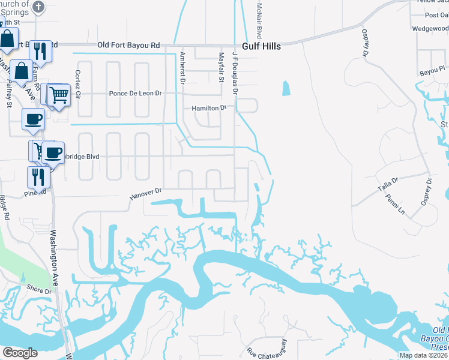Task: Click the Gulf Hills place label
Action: tap(262, 46)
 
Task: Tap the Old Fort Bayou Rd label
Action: tap(129, 45)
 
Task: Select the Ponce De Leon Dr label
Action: tap(135, 94)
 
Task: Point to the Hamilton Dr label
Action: tap(209, 109)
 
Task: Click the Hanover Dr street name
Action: tap(146, 194)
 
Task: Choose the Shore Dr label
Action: tap(39, 289)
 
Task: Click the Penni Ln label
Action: tap(396, 205)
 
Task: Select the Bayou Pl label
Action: tap(431, 71)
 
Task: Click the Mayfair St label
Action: tap(220, 67)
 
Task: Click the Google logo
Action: tap(20, 353)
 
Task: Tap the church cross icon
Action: tap(38, 7)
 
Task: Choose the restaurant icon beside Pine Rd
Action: tap(36, 176)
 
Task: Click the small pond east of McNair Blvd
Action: tap(286, 89)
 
